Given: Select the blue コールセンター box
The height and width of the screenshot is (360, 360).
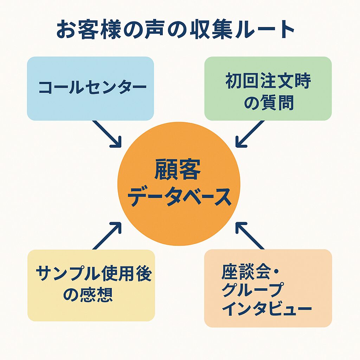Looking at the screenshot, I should pos(90,88).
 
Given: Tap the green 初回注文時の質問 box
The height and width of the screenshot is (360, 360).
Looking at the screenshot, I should pos(268,88).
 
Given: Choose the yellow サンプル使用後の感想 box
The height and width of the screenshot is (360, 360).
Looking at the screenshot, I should pos(91,285).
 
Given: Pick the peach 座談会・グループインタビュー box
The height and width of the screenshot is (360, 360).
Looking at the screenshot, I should pos(268,288).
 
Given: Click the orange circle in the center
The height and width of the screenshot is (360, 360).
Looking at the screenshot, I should pos(179,184).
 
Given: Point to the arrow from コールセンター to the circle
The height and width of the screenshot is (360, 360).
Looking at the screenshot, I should pos(107,134).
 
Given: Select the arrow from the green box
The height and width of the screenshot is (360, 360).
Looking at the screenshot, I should pos(250,134).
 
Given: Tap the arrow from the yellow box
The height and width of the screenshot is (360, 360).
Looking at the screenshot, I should pos(107,236).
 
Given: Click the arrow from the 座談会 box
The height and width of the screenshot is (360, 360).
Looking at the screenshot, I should pos(250,236).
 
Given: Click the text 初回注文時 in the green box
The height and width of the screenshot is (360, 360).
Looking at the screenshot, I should pos(268,82).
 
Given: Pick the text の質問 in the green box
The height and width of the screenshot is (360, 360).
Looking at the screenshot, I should pos(268,103).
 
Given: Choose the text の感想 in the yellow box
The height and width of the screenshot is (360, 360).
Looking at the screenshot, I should pos(88,295).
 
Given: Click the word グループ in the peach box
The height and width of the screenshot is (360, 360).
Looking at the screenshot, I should pos(252,290).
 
